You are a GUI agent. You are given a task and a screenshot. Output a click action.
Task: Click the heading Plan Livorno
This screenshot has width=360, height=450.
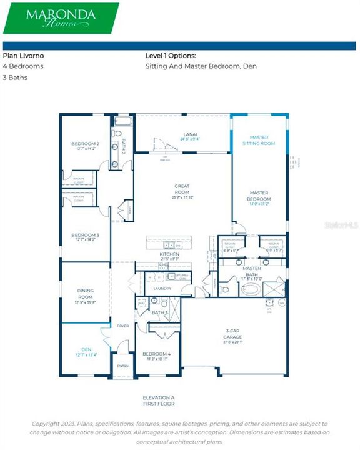pyautogui.click(x=24, y=55)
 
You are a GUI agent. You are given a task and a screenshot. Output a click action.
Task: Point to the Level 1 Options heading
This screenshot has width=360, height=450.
pyautogui.click(x=171, y=55)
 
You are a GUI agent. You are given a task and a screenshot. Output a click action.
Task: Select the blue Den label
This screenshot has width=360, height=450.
pyautogui.click(x=86, y=351)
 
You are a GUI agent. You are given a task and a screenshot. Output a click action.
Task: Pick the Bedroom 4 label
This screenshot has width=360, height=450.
pyautogui.click(x=156, y=356)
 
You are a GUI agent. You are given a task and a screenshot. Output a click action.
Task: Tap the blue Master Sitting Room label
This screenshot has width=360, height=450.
pyautogui.click(x=262, y=140)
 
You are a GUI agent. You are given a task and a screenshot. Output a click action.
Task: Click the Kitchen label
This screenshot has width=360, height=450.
pyautogui.click(x=169, y=255)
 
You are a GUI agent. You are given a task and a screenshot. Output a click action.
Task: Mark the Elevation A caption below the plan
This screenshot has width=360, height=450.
pyautogui.click(x=159, y=397)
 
